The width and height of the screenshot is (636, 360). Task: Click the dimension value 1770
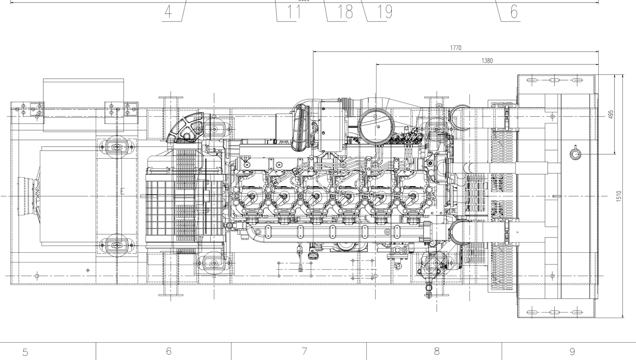[x=455, y=48]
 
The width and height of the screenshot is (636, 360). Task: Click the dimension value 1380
[x=487, y=61]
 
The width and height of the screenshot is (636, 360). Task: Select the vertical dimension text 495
[x=611, y=114]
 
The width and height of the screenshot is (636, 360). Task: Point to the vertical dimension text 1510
[x=619, y=196]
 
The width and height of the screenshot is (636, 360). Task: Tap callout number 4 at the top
[x=168, y=12]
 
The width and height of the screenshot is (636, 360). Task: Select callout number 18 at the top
[x=345, y=12]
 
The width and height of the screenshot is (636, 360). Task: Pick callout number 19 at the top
[x=385, y=12]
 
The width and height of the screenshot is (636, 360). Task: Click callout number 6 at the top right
[x=514, y=12]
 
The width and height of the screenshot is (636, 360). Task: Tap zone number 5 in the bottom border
[x=25, y=352]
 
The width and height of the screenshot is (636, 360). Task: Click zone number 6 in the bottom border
[x=169, y=351]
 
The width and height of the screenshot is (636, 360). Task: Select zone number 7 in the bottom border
[x=304, y=351]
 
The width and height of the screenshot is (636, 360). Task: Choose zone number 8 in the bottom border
[x=436, y=351]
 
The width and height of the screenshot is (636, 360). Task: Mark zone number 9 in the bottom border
[x=572, y=352]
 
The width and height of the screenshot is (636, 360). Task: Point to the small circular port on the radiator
[x=575, y=153]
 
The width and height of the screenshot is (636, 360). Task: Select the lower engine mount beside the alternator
[x=116, y=245]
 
